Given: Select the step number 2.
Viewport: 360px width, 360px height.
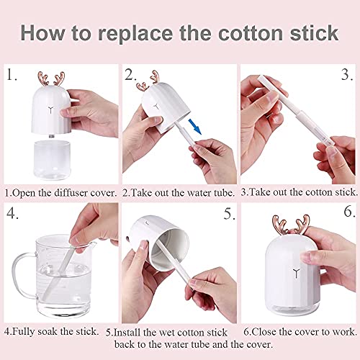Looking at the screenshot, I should [x=131, y=73].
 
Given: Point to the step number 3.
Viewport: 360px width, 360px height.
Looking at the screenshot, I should [x=346, y=73].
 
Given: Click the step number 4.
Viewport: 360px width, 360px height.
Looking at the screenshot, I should [x=12, y=213].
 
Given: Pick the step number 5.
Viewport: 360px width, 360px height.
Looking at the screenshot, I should [x=228, y=213].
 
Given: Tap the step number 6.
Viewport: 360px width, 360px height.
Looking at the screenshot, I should [x=346, y=213].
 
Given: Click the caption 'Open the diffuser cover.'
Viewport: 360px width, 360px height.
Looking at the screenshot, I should [x=60, y=193].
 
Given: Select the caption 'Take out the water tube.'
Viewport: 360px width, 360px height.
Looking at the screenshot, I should [x=179, y=193].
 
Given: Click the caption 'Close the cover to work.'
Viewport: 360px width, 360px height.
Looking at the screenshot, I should [x=297, y=332].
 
